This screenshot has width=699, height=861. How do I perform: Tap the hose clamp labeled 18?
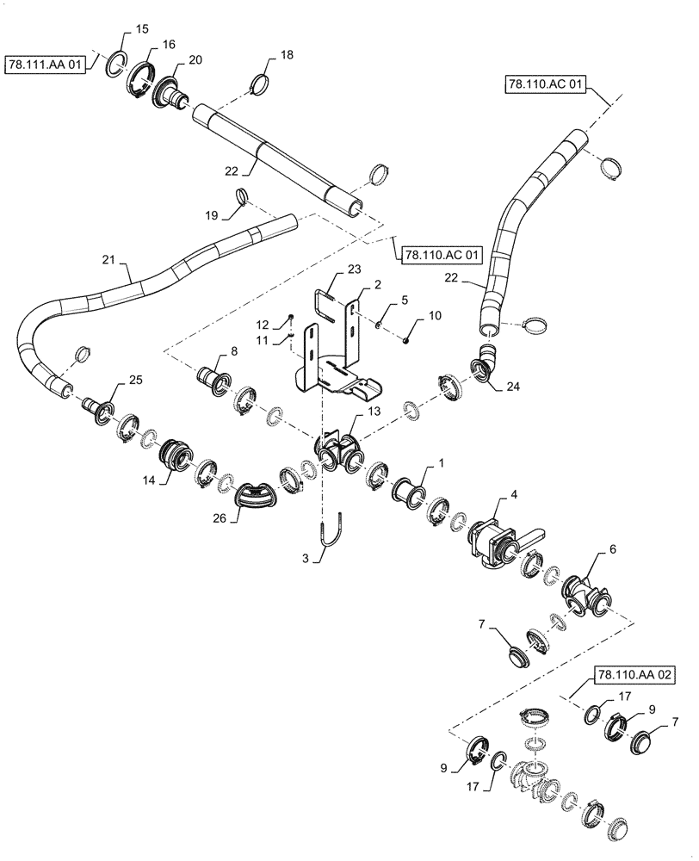[x=257, y=85]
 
